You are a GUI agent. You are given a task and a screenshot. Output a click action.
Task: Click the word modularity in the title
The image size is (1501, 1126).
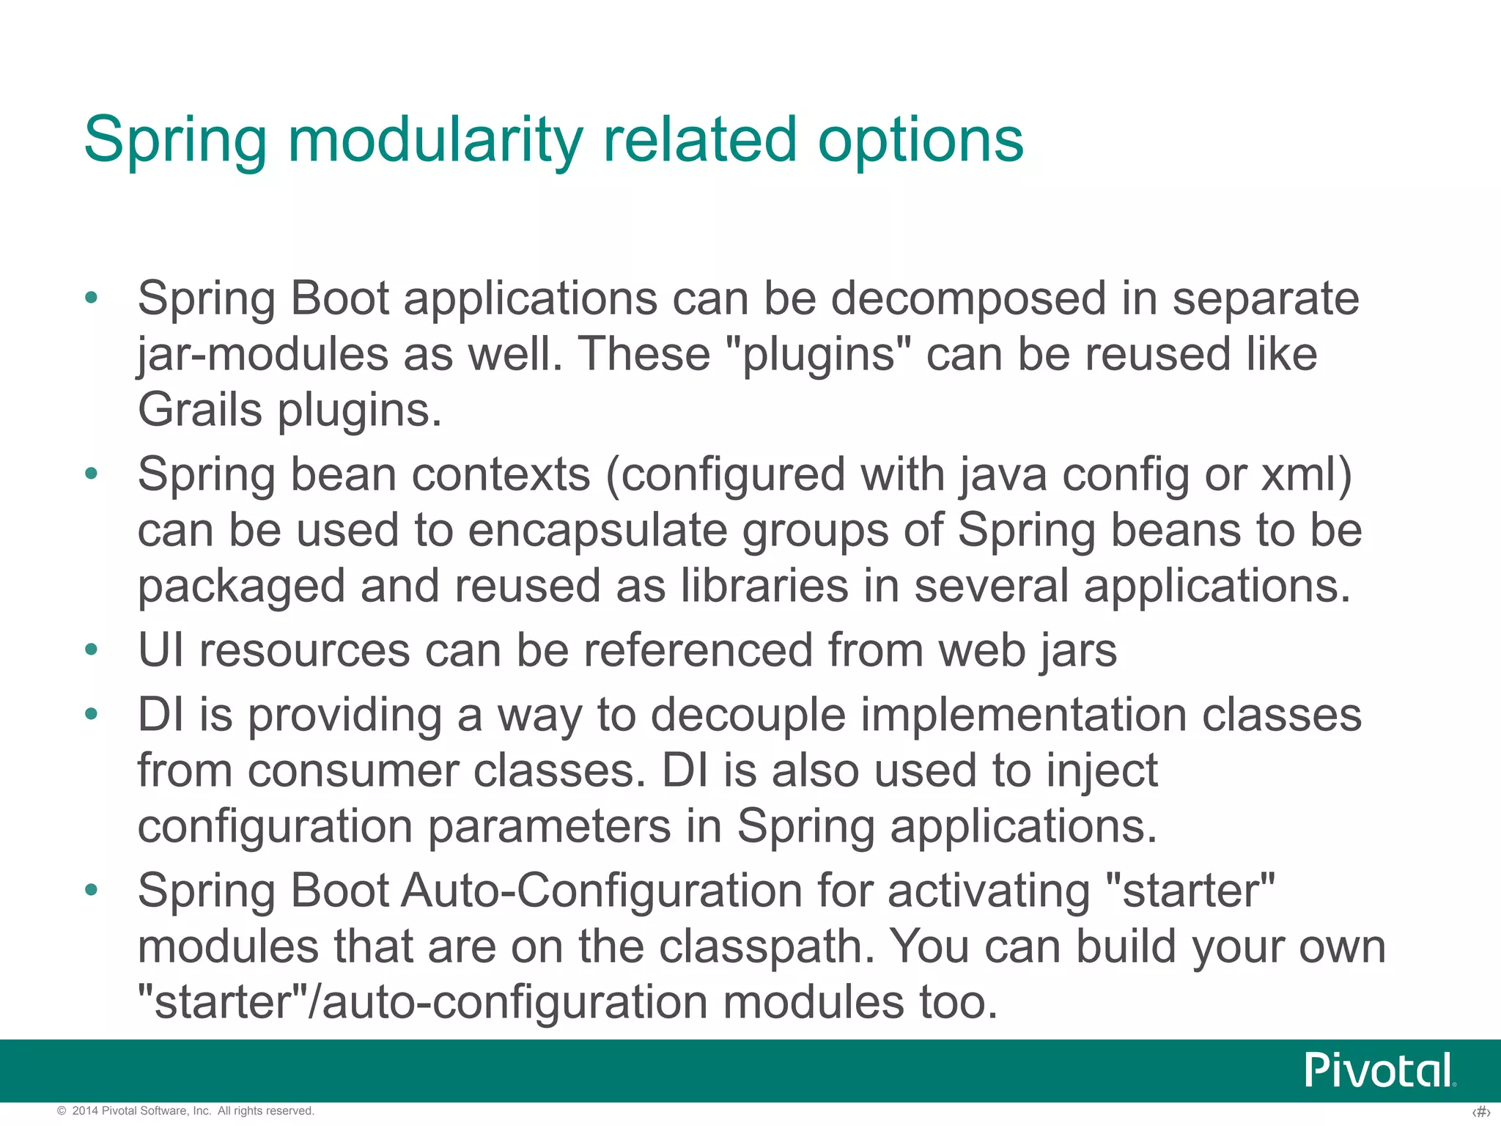[435, 140]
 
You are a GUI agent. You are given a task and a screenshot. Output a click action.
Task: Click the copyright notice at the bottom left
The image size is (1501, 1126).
[185, 1111]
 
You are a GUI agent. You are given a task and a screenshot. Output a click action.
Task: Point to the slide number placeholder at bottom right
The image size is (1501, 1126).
[1480, 1112]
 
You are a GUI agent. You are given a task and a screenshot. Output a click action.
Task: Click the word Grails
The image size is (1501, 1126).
[199, 410]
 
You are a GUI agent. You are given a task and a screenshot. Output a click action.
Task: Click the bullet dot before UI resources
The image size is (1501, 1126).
[91, 650]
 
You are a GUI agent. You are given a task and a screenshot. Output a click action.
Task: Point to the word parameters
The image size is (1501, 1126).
[549, 827]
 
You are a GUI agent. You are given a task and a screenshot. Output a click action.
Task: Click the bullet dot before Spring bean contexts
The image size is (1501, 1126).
[91, 474]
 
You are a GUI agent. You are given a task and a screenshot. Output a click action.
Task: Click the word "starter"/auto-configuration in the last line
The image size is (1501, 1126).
[423, 1003]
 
